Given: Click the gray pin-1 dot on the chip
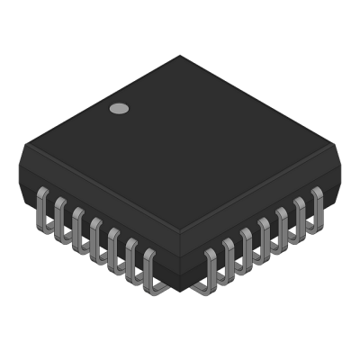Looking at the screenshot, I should point(118,110).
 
